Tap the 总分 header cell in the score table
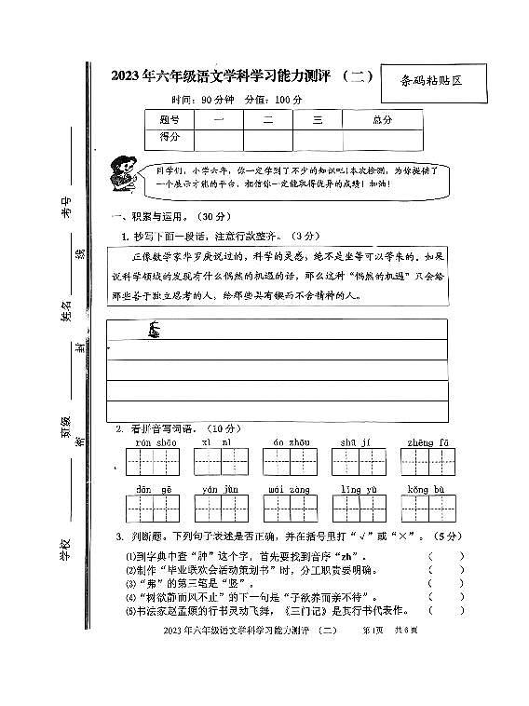point(382,119)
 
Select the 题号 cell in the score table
point(168,119)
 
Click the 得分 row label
point(168,139)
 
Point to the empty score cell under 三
point(317,139)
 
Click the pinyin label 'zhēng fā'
point(428,441)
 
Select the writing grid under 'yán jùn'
point(220,509)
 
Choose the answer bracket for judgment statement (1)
point(445,558)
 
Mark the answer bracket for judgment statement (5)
point(445,611)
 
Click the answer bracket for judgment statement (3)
point(445,584)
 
